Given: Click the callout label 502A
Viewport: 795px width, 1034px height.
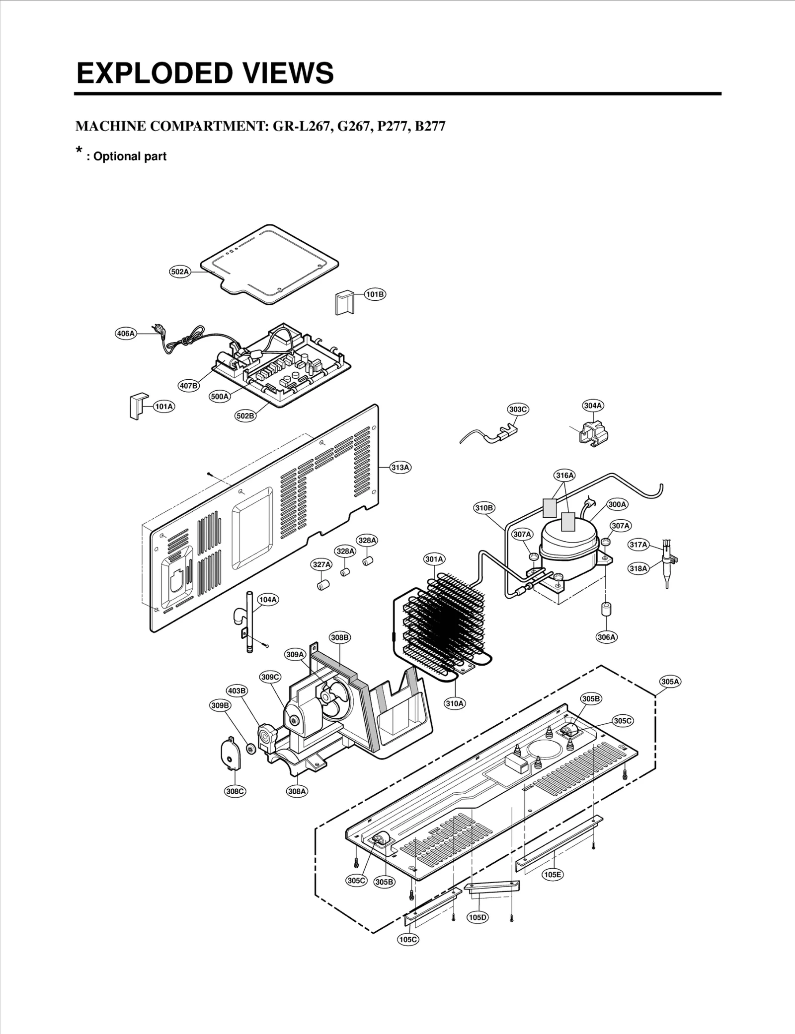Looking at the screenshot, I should pos(180,272).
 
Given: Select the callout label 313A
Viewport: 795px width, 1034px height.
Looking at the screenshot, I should pos(400,467).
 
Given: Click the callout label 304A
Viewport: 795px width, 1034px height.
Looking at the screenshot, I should pos(593,406).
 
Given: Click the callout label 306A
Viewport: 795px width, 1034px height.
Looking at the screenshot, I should pos(606,637).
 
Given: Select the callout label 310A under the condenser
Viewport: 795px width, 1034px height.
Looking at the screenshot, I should pos(455,703).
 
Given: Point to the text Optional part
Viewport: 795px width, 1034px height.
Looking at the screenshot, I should pos(130,156).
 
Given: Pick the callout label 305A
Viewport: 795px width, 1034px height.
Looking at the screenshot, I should pos(670,682).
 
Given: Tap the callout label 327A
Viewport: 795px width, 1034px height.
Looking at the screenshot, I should pos(321,564).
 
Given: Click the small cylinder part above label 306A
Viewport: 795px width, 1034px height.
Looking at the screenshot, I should pos(606,610).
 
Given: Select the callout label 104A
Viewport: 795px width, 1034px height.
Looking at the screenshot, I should pos(267,600).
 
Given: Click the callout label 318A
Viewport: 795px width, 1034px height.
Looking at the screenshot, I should pos(638,568).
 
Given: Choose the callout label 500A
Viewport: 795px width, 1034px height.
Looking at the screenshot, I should pos(220,396).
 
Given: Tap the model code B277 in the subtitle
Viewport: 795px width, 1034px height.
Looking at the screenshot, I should pos(430,126).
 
